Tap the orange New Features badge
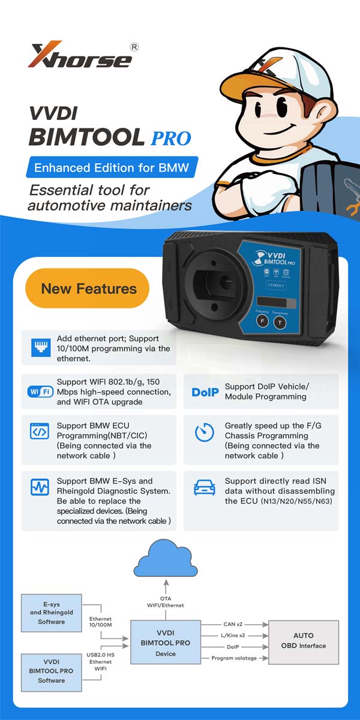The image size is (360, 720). click(x=88, y=289)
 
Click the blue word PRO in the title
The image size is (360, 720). click(x=171, y=139)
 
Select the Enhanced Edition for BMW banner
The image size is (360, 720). click(x=112, y=167)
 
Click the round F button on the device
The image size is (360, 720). click(x=263, y=321)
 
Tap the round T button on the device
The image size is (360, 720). click(x=280, y=323)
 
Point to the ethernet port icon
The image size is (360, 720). click(x=41, y=347)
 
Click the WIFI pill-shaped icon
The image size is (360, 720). click(x=40, y=391)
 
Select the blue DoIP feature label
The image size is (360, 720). click(x=205, y=392)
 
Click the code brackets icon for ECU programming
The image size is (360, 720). click(x=40, y=431)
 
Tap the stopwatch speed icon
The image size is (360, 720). click(x=205, y=432)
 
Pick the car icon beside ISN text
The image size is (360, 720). click(x=205, y=487)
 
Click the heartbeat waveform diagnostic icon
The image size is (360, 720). click(x=40, y=487)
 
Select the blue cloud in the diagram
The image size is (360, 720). click(x=166, y=559)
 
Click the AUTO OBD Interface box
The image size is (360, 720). click(x=304, y=642)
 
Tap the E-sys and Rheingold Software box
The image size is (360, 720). click(x=52, y=613)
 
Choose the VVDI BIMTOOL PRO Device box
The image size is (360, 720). click(x=166, y=642)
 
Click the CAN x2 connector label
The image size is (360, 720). click(x=233, y=624)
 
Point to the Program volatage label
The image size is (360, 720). click(x=234, y=658)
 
